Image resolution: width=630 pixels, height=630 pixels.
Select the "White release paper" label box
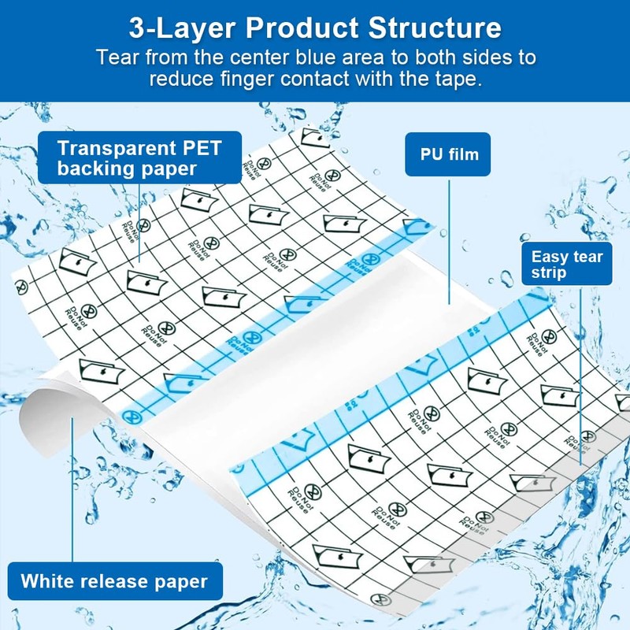click(114, 582)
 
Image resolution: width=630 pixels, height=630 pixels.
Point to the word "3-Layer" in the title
click(180, 28)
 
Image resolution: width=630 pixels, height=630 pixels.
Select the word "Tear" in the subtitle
click(117, 57)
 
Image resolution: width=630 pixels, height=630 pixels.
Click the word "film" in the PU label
click(462, 154)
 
